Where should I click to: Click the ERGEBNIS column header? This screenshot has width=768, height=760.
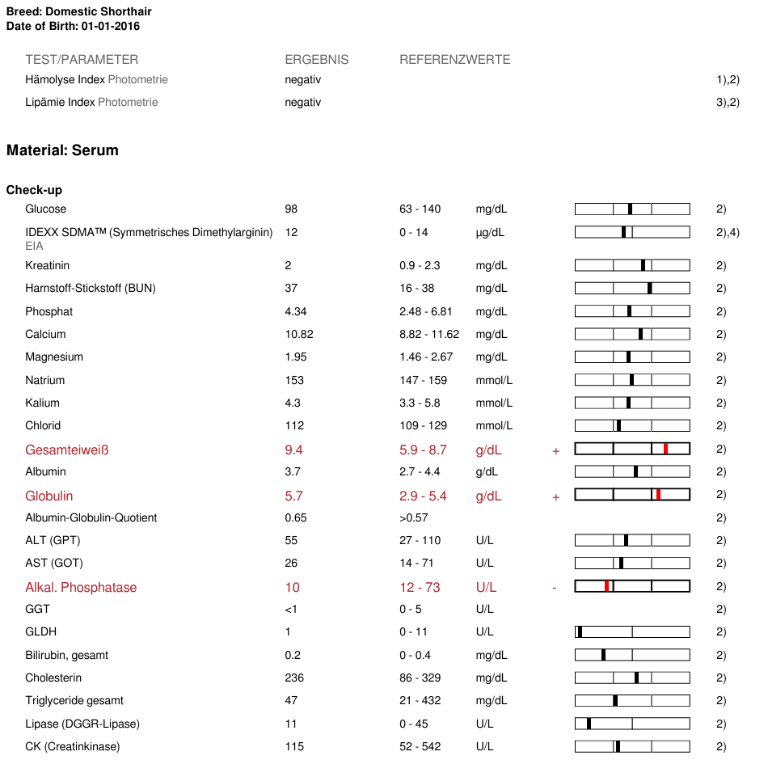[316, 60]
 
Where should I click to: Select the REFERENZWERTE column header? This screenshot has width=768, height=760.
[454, 60]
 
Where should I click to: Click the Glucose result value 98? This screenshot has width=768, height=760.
[291, 209]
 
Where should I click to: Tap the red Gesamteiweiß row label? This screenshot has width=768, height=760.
[66, 450]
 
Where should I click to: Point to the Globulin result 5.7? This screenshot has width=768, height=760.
[294, 496]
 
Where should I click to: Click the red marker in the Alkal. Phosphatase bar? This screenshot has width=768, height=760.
[606, 586]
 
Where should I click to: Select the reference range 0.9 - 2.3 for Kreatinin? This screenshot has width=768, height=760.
[420, 265]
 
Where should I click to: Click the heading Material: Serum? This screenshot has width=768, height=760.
[62, 150]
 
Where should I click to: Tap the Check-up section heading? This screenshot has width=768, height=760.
[34, 190]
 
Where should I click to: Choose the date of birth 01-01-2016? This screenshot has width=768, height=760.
[110, 27]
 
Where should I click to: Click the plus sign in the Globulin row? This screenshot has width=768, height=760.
[556, 497]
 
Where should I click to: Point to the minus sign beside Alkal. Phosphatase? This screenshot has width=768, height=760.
[555, 588]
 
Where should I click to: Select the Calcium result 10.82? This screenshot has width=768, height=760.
[299, 334]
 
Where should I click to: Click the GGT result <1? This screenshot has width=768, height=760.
[291, 609]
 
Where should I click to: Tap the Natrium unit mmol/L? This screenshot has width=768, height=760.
[494, 380]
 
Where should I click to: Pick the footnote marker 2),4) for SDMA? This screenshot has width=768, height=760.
[728, 233]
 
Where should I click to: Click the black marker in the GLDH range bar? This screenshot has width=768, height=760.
[580, 631]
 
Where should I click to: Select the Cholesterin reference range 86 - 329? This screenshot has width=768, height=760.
[420, 678]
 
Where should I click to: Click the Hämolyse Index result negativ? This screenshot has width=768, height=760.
[302, 79]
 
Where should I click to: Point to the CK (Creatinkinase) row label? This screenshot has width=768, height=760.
[73, 746]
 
